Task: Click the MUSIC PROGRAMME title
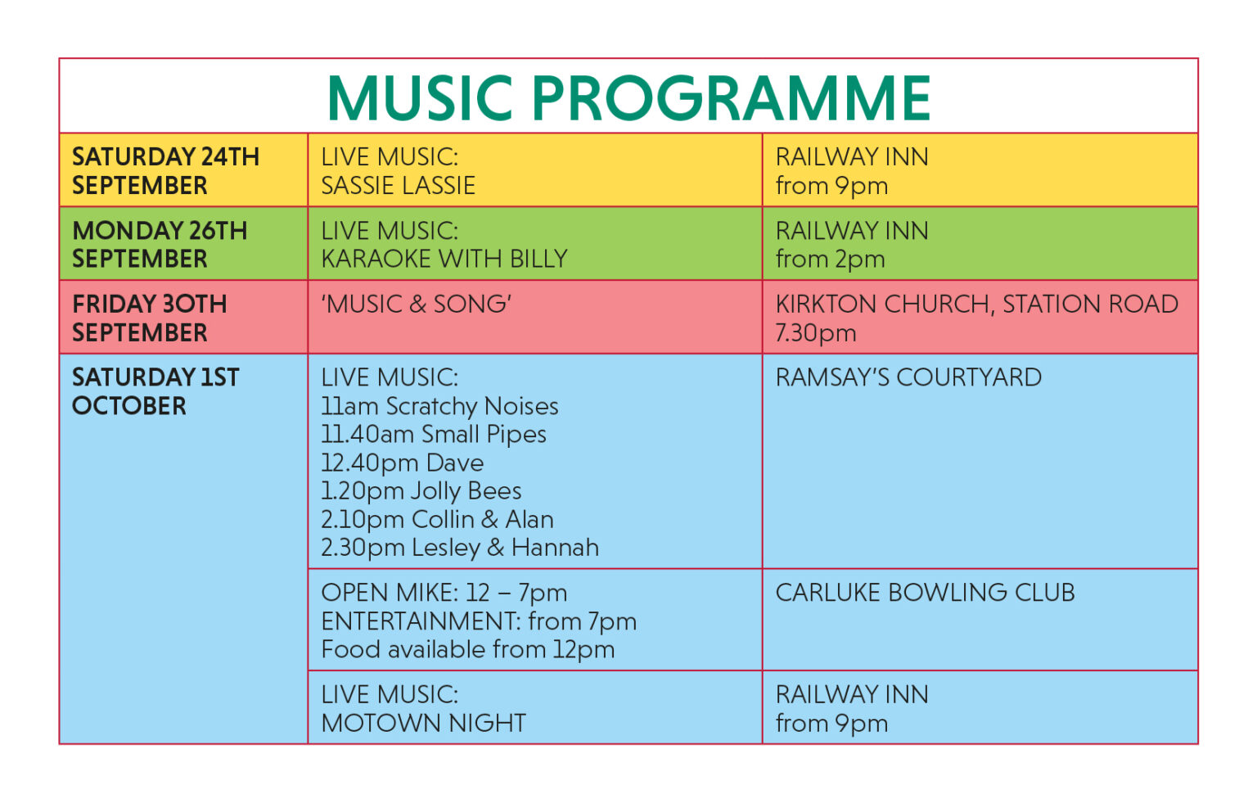(x=628, y=97)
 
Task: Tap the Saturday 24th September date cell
(x=165, y=170)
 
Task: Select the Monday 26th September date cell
(x=160, y=244)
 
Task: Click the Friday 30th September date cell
(x=149, y=318)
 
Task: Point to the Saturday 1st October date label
(x=155, y=391)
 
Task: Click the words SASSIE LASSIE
(x=398, y=186)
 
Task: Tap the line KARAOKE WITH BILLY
(x=444, y=259)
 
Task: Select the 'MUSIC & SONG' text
(x=416, y=304)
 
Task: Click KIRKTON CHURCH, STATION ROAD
(x=976, y=304)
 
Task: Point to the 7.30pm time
(x=815, y=332)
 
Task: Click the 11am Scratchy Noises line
(x=439, y=406)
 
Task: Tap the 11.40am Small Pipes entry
(x=433, y=434)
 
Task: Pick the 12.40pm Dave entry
(x=402, y=463)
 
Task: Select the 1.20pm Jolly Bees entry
(x=421, y=490)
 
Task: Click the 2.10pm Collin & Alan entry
(x=437, y=519)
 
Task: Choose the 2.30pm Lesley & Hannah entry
(x=459, y=547)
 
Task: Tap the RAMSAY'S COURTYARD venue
(x=908, y=377)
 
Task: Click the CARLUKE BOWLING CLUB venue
(x=925, y=592)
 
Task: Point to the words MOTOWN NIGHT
(x=423, y=723)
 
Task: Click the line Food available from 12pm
(x=467, y=649)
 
